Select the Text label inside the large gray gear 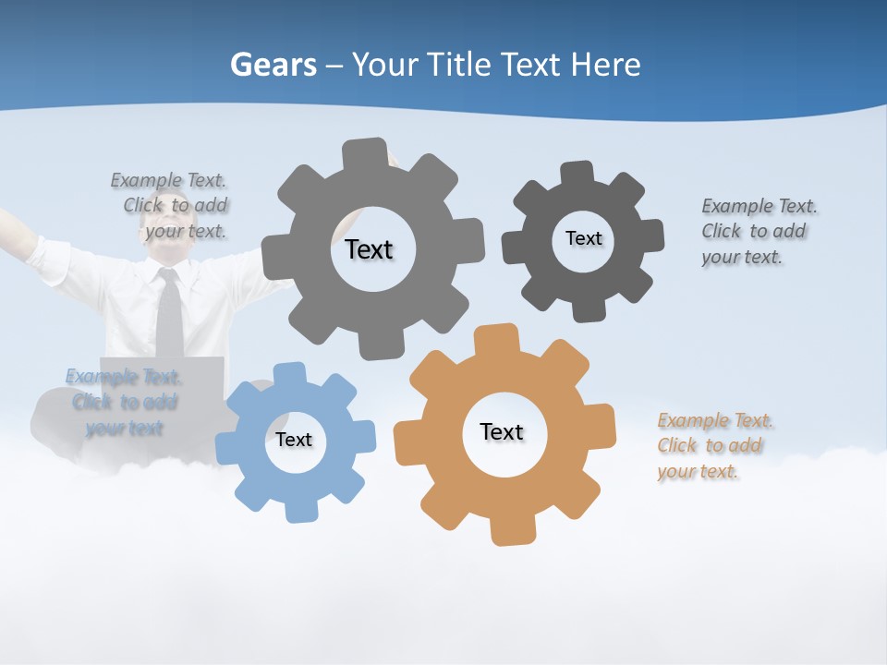pyautogui.click(x=369, y=249)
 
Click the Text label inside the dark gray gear pyautogui.click(x=583, y=238)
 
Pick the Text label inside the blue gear pyautogui.click(x=294, y=440)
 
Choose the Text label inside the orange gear pyautogui.click(x=502, y=431)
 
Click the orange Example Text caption pyautogui.click(x=714, y=446)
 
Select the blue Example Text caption pyautogui.click(x=124, y=402)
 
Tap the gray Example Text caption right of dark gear pyautogui.click(x=759, y=231)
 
